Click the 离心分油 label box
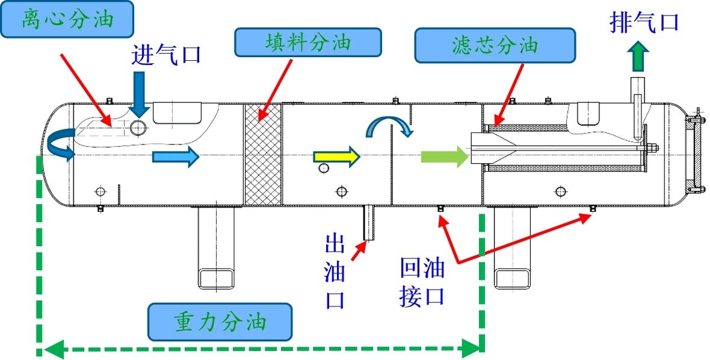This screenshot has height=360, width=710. click(x=67, y=19)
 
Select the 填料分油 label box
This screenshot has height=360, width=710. click(x=308, y=43)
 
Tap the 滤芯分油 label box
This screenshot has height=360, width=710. click(x=495, y=45)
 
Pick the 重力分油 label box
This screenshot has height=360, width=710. click(x=220, y=322)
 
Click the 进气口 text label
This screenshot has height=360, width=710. click(x=165, y=55)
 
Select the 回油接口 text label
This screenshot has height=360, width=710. click(x=422, y=282)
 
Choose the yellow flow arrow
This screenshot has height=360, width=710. click(x=337, y=157)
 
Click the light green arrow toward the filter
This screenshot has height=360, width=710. click(x=444, y=157)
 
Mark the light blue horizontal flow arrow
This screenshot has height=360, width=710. click(x=176, y=157)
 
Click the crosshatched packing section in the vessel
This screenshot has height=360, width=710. click(x=263, y=154)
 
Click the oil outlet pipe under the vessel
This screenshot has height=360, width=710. click(x=369, y=223)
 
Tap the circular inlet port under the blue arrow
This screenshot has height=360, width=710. click(x=138, y=128)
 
